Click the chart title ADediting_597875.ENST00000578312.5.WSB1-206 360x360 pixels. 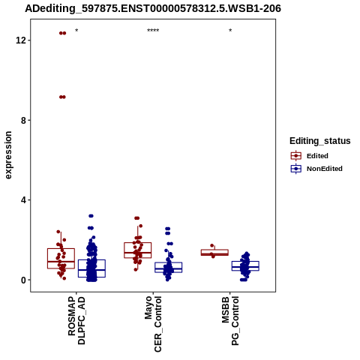(153, 9)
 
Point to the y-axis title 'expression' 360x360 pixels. (8, 155)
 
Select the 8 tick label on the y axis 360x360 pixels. (23, 120)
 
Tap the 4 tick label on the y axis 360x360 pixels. (23, 200)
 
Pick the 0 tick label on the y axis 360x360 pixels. (23, 280)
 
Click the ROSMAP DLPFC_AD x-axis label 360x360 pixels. (76, 320)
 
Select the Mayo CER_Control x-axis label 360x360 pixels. (153, 324)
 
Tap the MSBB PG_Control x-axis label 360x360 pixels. (230, 321)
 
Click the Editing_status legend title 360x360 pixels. (320, 141)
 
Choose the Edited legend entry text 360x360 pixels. (317, 156)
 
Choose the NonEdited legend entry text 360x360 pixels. (325, 169)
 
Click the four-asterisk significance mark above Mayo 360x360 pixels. (153, 31)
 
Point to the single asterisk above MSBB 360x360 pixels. (230, 31)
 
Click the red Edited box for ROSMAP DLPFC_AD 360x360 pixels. (61, 259)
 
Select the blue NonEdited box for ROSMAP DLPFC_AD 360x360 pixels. (91, 268)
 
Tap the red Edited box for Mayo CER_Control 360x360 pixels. (138, 250)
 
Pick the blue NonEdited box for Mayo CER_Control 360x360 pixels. (169, 267)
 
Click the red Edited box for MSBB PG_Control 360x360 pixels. (214, 252)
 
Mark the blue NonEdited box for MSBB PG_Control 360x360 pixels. (245, 265)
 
